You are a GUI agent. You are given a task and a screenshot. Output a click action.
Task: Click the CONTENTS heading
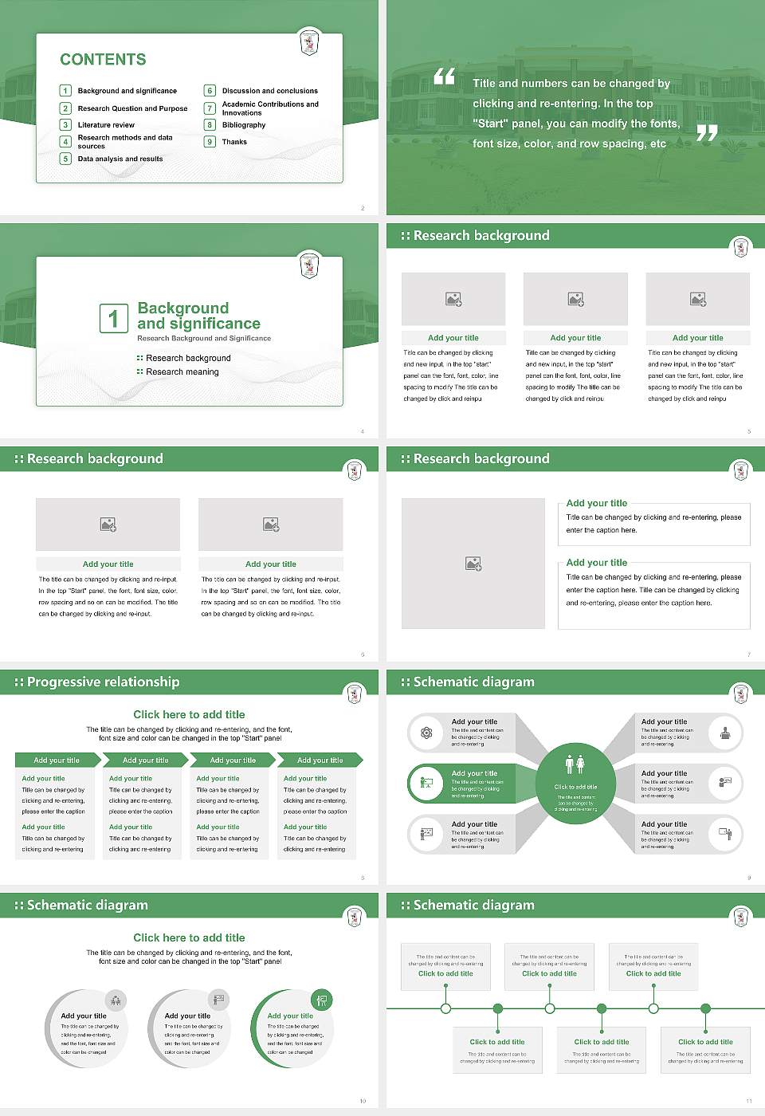103,60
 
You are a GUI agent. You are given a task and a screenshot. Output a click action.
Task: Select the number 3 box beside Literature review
65,125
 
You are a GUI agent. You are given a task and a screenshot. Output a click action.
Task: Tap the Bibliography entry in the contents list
244,125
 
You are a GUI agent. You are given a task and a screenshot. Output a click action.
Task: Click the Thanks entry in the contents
234,142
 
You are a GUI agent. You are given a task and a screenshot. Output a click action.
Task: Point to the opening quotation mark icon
444,77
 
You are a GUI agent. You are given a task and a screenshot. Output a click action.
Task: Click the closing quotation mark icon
707,132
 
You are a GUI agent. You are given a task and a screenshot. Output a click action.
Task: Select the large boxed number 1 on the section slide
113,318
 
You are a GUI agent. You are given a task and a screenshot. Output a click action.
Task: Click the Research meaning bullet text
182,372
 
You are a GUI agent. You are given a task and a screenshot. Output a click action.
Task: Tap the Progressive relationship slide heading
103,682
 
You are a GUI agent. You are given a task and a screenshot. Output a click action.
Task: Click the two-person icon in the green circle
575,764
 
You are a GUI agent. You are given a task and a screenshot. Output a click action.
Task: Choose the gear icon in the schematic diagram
426,733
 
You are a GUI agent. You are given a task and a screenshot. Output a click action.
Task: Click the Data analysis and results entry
120,159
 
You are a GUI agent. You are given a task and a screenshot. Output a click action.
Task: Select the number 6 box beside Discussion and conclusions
210,91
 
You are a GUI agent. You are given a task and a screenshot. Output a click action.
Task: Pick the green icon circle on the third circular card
321,1000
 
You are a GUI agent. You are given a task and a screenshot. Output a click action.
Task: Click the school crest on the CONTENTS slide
309,41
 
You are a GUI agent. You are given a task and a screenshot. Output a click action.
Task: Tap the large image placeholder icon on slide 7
473,564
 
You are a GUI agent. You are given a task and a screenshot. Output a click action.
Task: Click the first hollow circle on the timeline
445,1008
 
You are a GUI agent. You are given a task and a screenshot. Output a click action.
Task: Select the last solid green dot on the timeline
705,1008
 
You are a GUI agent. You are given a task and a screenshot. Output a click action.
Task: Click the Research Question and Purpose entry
132,108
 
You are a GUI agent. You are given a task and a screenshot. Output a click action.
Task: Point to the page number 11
748,1101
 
